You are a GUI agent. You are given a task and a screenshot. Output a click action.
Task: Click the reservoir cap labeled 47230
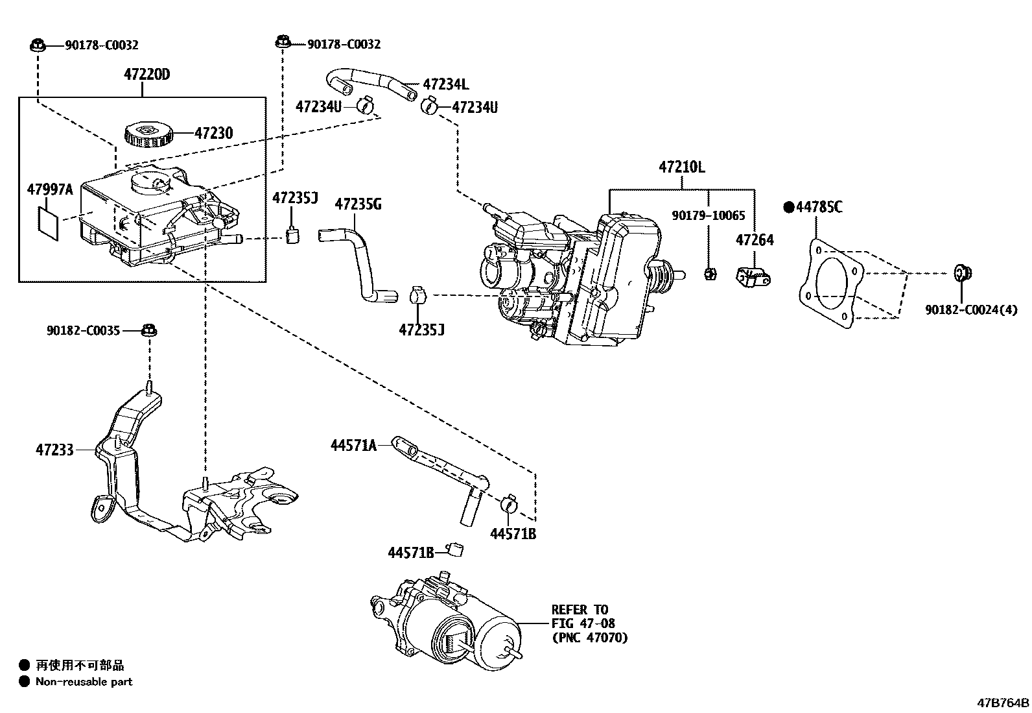(148, 134)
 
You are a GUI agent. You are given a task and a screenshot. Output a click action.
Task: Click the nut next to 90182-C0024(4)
(961, 273)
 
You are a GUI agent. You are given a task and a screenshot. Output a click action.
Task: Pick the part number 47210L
(681, 167)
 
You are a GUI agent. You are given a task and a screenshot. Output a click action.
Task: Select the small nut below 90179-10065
(709, 274)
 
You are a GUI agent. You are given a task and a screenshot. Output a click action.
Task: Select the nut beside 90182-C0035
(148, 330)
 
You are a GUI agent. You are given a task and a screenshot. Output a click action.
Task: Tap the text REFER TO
(580, 610)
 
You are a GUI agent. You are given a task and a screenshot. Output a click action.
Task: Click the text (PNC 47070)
(589, 638)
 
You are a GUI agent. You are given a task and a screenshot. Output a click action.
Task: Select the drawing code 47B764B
(1003, 703)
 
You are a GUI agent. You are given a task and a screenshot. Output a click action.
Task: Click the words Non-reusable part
(84, 682)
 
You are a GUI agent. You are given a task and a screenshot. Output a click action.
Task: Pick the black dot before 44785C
(788, 207)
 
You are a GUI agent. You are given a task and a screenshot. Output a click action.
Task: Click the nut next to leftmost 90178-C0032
(37, 45)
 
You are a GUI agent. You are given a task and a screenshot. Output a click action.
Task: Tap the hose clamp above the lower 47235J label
(418, 296)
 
